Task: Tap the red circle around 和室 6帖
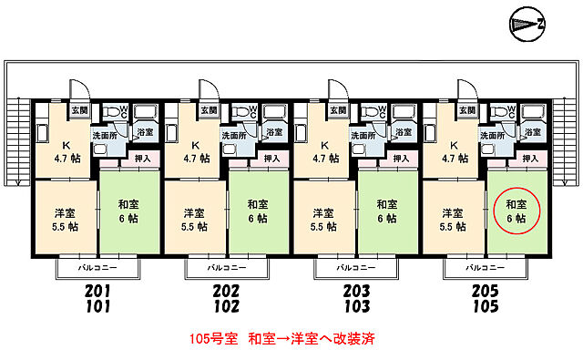tap(517, 211)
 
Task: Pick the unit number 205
tap(485, 291)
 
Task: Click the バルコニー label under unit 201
tap(97, 269)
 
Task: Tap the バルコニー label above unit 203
tap(355, 269)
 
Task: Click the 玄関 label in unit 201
tap(78, 110)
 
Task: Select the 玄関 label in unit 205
tap(467, 110)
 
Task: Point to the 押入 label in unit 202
tap(271, 159)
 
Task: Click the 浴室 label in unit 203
tap(403, 132)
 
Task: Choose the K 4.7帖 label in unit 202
tap(195, 151)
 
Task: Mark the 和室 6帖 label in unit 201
tap(128, 211)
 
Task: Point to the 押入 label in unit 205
tap(530, 159)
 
